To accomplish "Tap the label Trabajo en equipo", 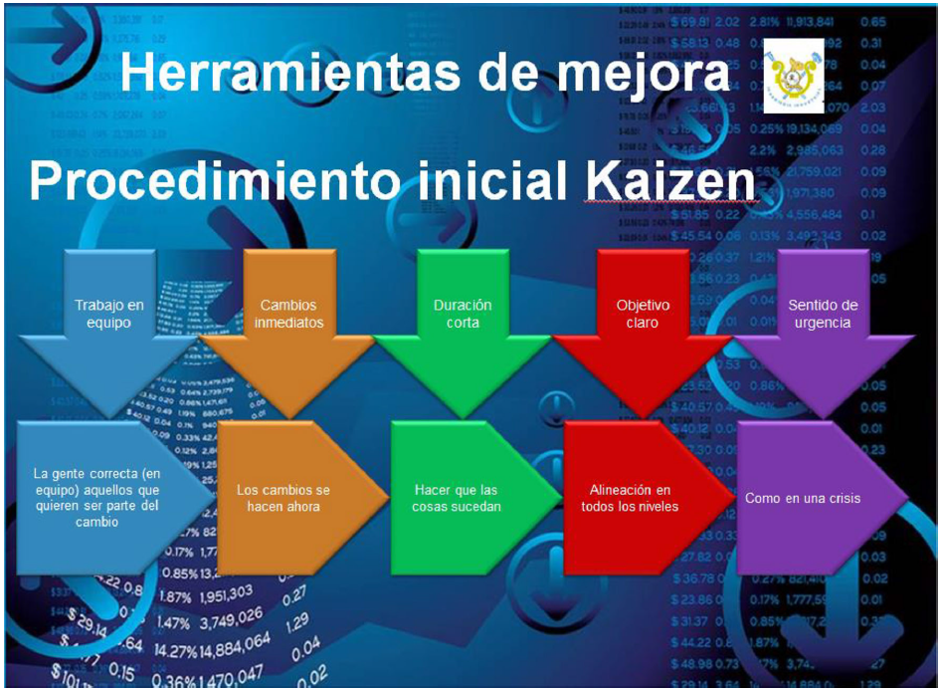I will (108, 314).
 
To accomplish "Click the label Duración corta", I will (463, 314).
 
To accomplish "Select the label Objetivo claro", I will (643, 314).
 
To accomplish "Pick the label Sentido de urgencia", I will (823, 314).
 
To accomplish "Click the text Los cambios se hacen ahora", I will (283, 498).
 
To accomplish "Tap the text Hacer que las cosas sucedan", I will (458, 498).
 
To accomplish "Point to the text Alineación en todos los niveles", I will (630, 498).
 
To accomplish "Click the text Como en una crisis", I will (803, 498).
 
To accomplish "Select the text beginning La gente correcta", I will (95, 498).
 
